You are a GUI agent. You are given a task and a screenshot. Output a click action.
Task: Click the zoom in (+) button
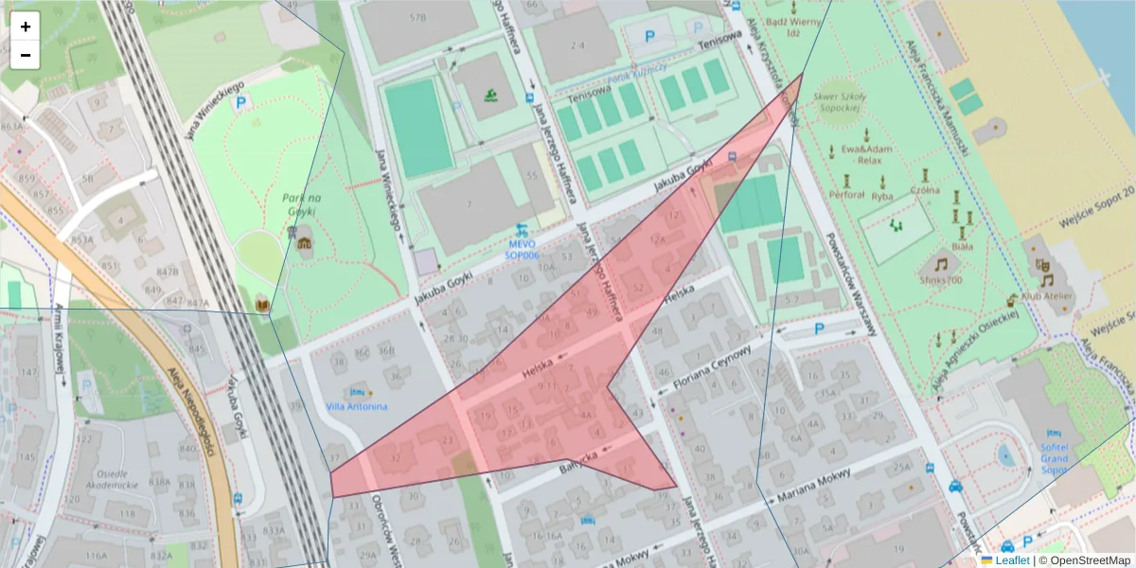[26, 27]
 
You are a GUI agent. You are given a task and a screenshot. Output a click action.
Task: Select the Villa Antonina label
[356, 407]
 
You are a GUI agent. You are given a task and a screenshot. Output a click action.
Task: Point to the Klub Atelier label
[1047, 296]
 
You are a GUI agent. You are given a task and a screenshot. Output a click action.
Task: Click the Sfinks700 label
[941, 279]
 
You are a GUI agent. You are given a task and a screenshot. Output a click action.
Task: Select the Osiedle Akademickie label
[105, 478]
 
